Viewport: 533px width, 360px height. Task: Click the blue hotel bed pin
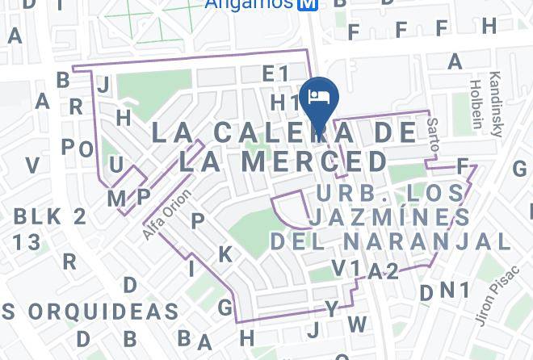(319, 97)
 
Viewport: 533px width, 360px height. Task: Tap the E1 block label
(275, 74)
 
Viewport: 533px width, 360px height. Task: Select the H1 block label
(285, 103)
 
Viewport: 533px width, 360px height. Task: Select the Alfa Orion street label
(167, 214)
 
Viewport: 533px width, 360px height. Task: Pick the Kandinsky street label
(495, 104)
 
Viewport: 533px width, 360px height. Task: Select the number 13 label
(26, 242)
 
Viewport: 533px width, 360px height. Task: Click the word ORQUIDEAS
(103, 312)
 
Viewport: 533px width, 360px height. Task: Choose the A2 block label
(383, 271)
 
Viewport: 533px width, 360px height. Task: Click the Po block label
(78, 148)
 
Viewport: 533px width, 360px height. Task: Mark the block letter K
(225, 254)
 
